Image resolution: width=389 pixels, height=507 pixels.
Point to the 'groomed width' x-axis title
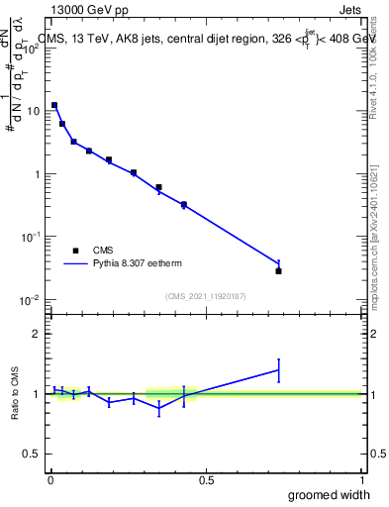pos(329,494)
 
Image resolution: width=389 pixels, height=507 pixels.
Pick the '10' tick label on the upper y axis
pos(34,111)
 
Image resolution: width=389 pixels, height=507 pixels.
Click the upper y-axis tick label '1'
pos(38,174)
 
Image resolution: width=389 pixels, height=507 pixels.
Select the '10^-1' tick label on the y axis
pos(32,237)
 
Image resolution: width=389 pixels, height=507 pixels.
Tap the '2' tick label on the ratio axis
pos(38,334)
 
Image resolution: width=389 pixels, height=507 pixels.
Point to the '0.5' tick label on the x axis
pos(206,480)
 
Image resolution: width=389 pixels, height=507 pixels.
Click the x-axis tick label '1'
pos(361,480)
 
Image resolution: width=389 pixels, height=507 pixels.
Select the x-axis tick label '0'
pos(49,480)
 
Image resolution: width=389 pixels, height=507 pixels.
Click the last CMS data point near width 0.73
pos(278,270)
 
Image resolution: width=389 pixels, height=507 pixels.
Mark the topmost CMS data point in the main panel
pos(54,105)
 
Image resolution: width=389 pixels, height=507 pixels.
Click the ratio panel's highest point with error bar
pos(278,369)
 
